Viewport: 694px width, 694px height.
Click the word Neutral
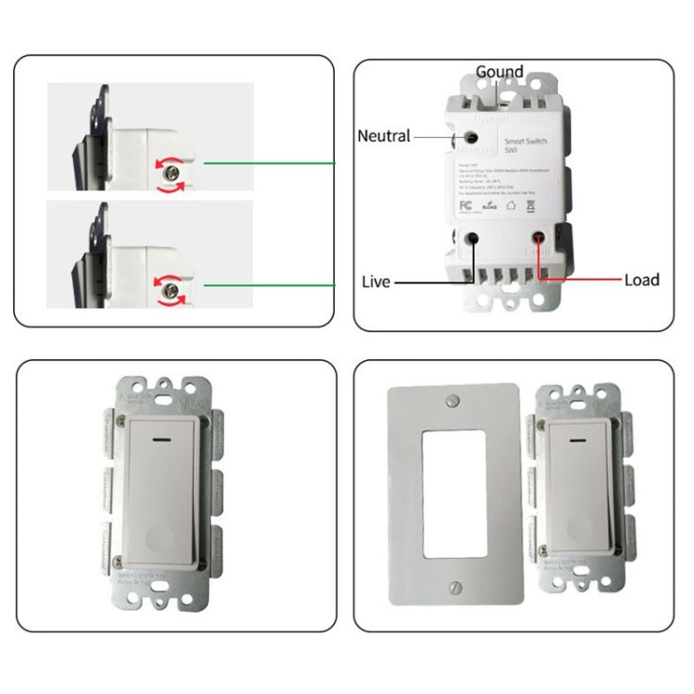[383, 136]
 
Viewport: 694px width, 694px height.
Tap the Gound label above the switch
[500, 72]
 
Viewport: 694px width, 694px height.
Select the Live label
[376, 281]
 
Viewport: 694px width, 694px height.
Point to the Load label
[641, 279]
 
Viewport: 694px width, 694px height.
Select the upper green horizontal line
[268, 163]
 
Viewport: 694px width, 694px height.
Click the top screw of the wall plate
[451, 400]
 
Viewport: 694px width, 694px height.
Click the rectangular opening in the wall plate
[451, 493]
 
